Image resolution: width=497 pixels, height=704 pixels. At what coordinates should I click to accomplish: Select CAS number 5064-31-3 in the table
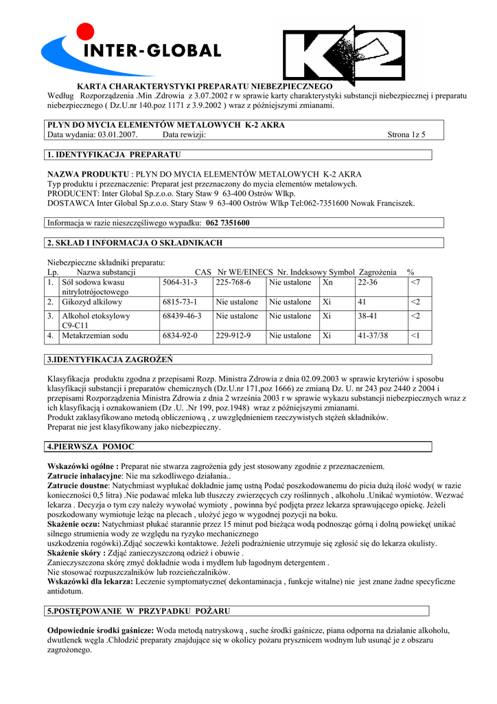180,283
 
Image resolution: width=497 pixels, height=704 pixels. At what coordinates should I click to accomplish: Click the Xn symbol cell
328,283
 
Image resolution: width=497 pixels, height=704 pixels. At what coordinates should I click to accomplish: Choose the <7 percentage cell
415,283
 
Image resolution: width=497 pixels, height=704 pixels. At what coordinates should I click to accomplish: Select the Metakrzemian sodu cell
95,335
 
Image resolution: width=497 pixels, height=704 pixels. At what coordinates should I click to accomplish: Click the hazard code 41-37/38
373,335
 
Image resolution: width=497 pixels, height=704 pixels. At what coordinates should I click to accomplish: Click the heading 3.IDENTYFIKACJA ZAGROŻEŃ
110,360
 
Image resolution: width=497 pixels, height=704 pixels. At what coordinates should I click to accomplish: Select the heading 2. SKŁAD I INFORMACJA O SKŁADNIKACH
135,243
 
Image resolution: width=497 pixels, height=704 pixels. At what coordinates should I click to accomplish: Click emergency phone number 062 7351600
228,223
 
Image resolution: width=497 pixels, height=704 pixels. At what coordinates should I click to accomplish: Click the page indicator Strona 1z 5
406,135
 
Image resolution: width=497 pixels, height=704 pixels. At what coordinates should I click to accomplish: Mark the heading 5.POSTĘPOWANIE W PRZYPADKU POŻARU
139,610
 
